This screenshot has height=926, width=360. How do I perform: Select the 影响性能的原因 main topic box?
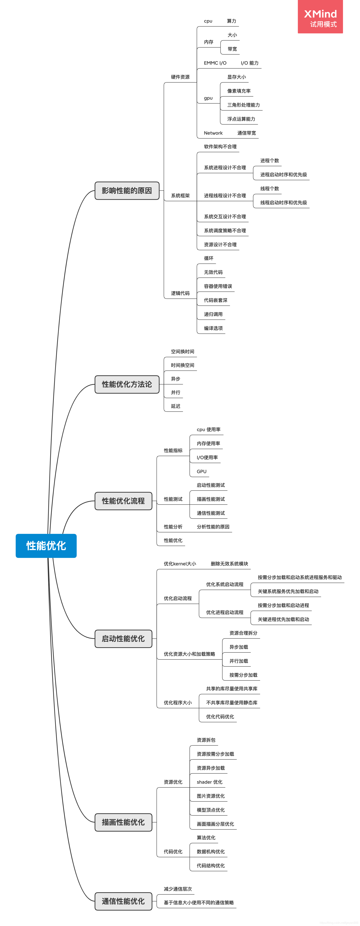tap(127, 190)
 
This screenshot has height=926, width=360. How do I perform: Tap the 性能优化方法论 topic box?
tap(127, 384)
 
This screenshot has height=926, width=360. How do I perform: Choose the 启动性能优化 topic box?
tap(123, 638)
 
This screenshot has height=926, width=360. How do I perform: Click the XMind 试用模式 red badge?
tap(320, 17)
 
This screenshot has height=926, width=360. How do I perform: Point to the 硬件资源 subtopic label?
tap(180, 77)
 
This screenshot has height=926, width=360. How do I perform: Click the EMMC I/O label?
tap(215, 63)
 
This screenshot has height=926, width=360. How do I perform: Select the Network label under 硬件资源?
tap(213, 133)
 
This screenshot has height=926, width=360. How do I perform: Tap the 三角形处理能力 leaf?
tap(243, 105)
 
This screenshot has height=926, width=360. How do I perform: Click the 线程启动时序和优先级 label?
tap(283, 203)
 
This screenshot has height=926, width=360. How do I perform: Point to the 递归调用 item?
tap(213, 314)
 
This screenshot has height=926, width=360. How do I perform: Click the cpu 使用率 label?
tap(208, 430)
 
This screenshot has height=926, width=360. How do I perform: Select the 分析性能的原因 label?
tap(213, 527)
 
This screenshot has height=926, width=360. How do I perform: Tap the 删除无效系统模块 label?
tap(229, 564)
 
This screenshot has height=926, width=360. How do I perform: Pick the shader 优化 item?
tap(210, 782)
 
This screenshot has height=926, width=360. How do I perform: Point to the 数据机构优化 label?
tap(211, 852)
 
